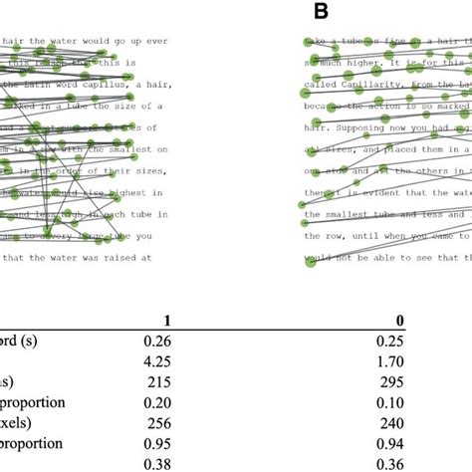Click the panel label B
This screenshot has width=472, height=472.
[x=321, y=11]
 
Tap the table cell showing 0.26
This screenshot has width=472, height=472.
[x=155, y=341]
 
